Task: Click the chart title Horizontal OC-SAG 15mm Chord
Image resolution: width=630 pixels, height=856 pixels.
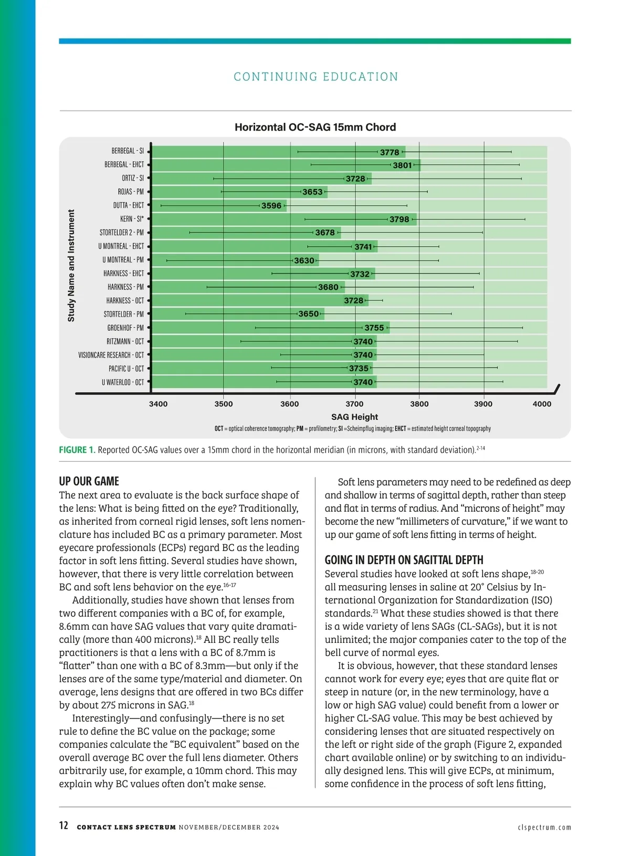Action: (x=315, y=127)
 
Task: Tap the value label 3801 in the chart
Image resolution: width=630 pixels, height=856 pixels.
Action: (x=402, y=165)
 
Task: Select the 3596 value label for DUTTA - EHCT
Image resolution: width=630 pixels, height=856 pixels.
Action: (x=271, y=206)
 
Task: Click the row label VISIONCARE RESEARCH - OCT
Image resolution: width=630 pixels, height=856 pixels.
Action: (x=111, y=355)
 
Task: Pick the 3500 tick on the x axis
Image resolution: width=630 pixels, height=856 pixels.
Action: (x=224, y=404)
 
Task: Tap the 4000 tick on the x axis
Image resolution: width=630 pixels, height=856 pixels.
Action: (x=542, y=404)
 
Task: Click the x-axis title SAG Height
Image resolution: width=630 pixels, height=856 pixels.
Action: (x=354, y=417)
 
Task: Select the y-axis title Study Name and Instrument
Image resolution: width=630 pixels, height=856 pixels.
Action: (x=71, y=266)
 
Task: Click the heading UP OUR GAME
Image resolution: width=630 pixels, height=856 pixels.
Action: (x=89, y=481)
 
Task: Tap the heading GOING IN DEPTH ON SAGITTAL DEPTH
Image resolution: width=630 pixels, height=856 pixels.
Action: (x=404, y=560)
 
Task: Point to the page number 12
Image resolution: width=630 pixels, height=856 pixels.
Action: (x=64, y=826)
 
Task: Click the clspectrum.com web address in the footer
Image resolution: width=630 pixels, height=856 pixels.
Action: (x=544, y=827)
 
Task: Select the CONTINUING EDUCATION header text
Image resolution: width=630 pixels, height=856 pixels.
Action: (x=316, y=77)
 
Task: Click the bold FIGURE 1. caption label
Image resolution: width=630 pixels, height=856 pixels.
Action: (x=77, y=450)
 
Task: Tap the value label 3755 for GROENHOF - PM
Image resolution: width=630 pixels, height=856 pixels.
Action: (x=374, y=328)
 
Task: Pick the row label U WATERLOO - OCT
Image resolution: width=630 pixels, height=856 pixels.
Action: (x=123, y=383)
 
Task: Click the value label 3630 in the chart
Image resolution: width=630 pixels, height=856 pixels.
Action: (x=304, y=260)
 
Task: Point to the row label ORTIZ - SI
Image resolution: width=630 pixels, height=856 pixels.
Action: (x=133, y=178)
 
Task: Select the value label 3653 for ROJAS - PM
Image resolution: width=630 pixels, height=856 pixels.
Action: (x=312, y=192)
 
